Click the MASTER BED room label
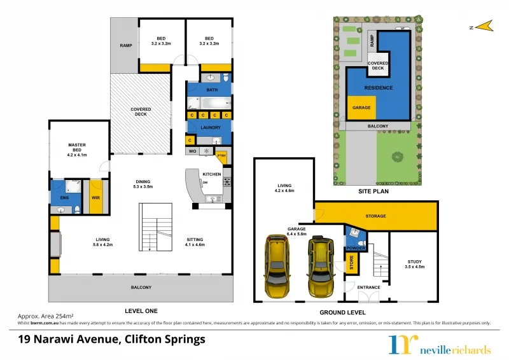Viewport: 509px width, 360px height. point(77,149)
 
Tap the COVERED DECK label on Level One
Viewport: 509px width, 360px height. point(141,112)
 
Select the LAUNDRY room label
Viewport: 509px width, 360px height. point(210,127)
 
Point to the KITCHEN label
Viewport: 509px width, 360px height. point(211,174)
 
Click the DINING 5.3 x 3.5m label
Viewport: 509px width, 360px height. point(143,183)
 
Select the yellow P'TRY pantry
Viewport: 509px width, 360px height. point(221,155)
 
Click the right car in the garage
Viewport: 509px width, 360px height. point(320,267)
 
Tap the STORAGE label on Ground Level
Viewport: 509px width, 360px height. point(375,216)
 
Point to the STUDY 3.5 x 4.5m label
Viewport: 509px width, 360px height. point(414,264)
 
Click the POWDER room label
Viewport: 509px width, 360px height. point(356,248)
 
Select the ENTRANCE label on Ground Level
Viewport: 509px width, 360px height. point(368,287)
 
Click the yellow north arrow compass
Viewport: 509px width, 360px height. point(485,26)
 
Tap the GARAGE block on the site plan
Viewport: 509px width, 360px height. point(361,108)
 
